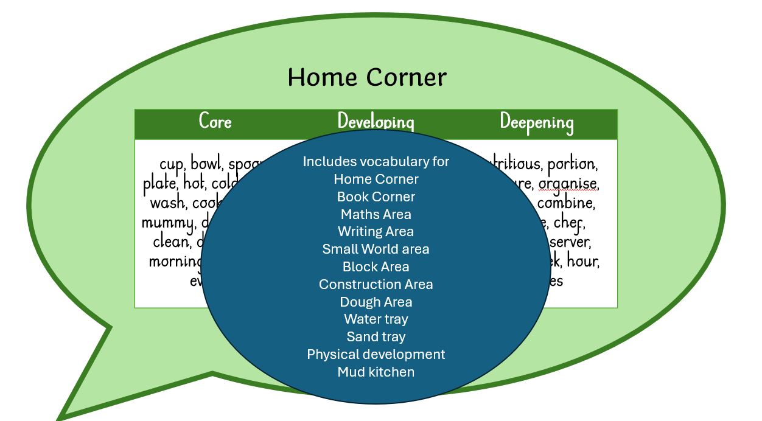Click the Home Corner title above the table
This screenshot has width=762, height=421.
tap(366, 78)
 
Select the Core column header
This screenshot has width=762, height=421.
tap(215, 121)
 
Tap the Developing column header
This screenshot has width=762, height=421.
tap(376, 121)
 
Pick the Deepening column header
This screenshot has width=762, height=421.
tap(536, 121)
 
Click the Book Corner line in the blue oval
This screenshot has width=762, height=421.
tap(376, 197)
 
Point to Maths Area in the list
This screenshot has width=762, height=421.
tap(376, 214)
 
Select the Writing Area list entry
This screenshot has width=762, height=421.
tap(376, 231)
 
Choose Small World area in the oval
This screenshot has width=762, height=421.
tap(376, 249)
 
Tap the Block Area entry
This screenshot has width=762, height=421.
tap(376, 266)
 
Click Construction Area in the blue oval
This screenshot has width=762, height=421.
tap(376, 284)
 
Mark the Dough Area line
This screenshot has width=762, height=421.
tap(376, 302)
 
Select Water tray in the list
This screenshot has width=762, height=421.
tap(376, 319)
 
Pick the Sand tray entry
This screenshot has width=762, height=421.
tap(376, 336)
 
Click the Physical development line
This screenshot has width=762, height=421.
tap(376, 354)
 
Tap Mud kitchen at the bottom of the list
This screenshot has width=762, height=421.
tap(376, 372)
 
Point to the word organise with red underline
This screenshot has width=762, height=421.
tap(567, 184)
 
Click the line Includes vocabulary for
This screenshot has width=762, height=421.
tap(376, 161)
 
